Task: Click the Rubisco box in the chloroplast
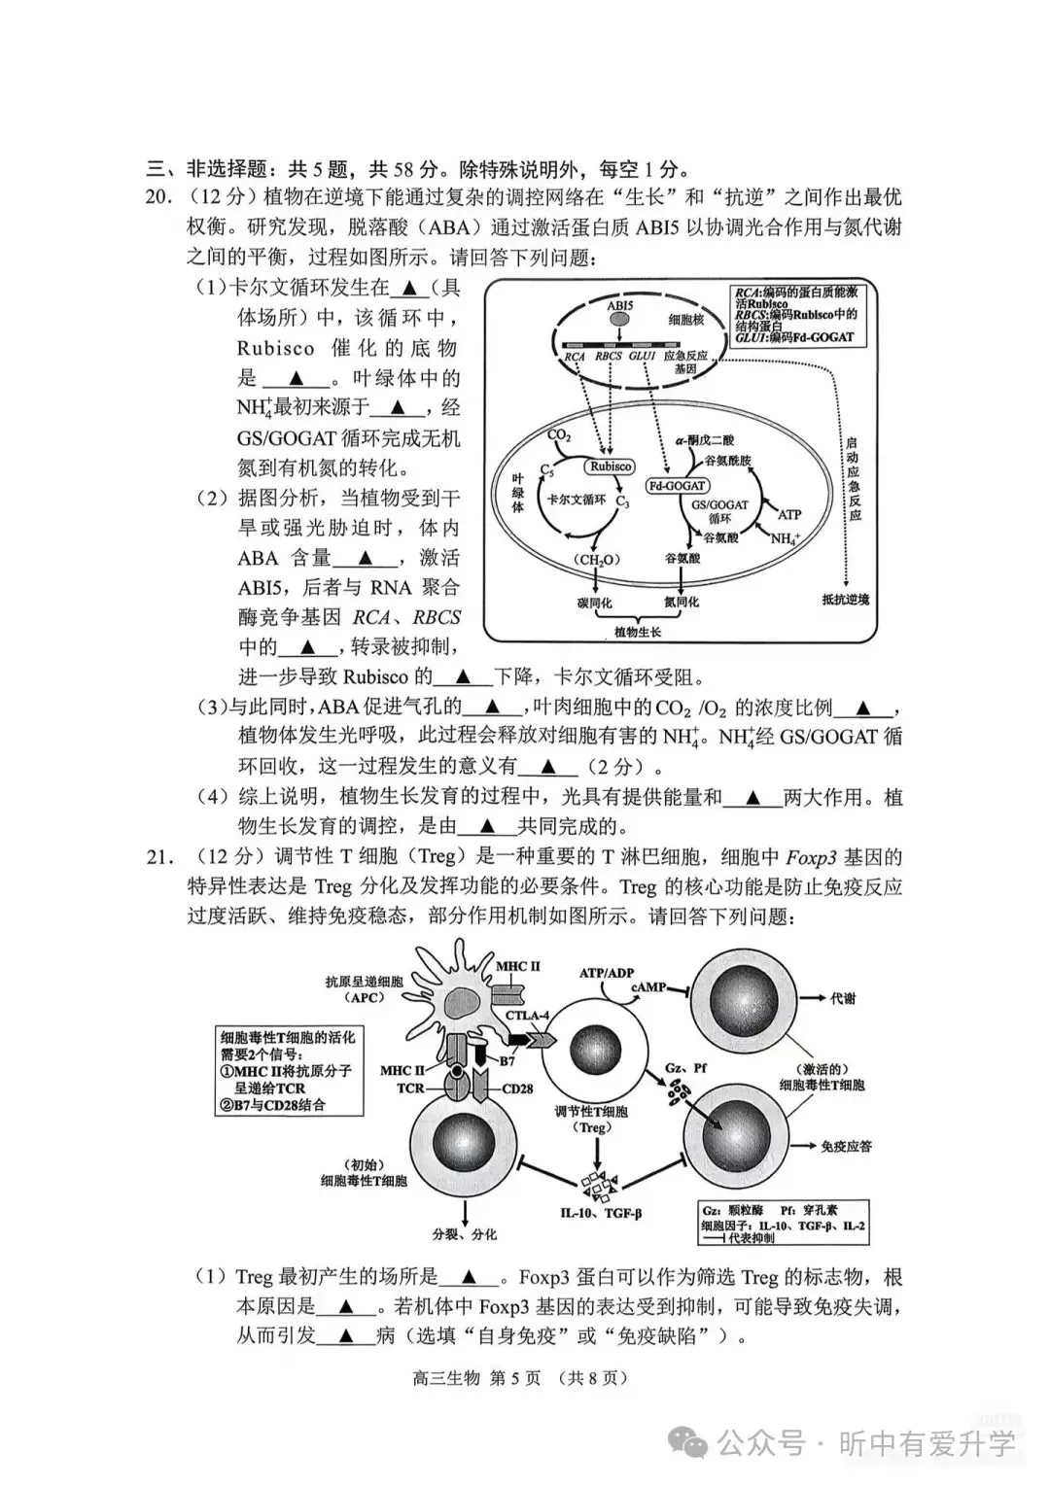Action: point(610,467)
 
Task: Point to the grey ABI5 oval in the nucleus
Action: point(619,317)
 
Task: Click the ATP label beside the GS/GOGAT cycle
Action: point(788,514)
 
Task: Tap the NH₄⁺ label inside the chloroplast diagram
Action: point(786,537)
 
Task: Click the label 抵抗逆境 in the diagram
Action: point(845,600)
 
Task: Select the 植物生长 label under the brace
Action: point(637,632)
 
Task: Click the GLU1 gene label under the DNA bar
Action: point(642,357)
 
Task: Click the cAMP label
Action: point(648,987)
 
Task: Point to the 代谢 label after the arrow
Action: point(842,998)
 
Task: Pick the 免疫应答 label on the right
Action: point(846,1147)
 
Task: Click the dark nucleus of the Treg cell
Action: point(589,1057)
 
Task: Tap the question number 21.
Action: point(158,857)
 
